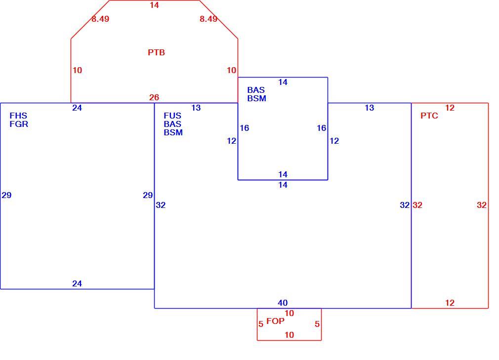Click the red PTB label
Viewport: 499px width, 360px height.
(x=156, y=52)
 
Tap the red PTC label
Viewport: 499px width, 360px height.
(x=429, y=116)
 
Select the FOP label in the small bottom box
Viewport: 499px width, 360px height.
(x=275, y=321)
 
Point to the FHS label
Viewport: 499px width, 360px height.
(x=18, y=116)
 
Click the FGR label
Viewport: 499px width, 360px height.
(x=19, y=124)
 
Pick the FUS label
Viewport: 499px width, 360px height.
(x=172, y=116)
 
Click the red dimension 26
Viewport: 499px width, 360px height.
(x=154, y=97)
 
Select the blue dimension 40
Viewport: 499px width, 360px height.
(x=283, y=303)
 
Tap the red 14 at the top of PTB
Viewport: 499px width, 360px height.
(x=154, y=5)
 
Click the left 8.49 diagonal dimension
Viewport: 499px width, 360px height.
(x=100, y=19)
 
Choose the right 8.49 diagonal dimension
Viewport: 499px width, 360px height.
(x=208, y=19)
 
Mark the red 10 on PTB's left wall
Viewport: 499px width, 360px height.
(x=78, y=70)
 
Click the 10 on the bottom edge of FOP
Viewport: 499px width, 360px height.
(x=290, y=335)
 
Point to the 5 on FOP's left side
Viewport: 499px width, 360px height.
(x=261, y=324)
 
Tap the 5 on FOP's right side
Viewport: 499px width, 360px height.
(x=317, y=324)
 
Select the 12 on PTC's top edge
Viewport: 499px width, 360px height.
(x=450, y=108)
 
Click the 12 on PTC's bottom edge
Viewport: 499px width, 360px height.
(x=450, y=303)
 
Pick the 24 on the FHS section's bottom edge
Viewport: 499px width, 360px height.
(x=77, y=283)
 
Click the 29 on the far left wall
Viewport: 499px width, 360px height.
(x=6, y=195)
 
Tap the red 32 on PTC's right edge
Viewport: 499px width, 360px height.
(x=482, y=205)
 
